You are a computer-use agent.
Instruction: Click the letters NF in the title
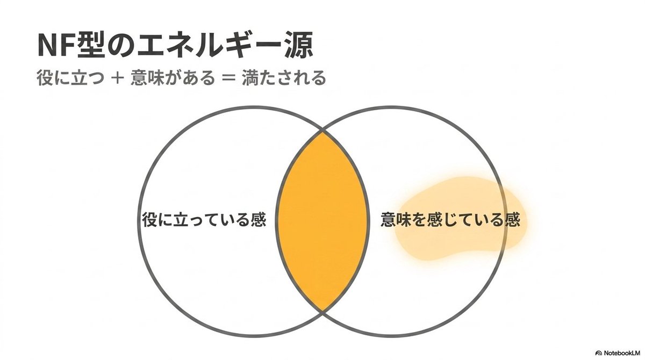[x=55, y=46]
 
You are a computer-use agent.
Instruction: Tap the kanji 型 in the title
[x=88, y=46]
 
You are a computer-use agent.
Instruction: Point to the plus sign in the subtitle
[x=117, y=78]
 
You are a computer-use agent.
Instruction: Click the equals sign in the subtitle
[x=228, y=78]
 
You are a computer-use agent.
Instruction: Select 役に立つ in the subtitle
[x=70, y=78]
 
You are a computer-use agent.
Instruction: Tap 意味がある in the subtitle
[x=173, y=78]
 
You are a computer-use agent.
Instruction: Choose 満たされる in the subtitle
[x=284, y=78]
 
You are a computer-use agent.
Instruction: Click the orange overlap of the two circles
[x=322, y=221]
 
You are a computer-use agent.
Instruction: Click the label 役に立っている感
[x=204, y=220]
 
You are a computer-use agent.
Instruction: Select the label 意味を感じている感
[x=450, y=220]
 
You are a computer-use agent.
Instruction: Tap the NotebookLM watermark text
[x=623, y=353]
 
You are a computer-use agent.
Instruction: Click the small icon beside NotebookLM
[x=599, y=354]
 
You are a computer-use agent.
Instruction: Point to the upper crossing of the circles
[x=322, y=132]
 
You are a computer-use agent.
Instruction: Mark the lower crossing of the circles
[x=322, y=311]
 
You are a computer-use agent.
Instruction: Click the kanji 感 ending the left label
[x=259, y=220]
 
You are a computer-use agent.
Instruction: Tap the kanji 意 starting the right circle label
[x=389, y=220]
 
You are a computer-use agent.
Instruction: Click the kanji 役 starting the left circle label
[x=150, y=220]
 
